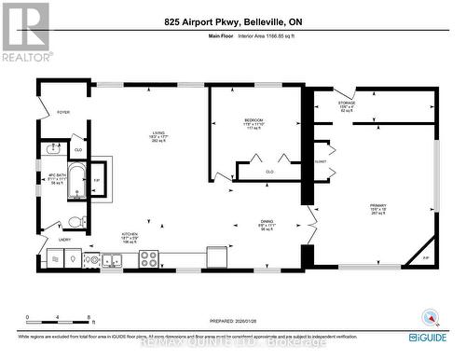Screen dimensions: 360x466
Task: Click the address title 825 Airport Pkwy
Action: tap(232, 21)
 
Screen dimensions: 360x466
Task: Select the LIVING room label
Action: tap(159, 132)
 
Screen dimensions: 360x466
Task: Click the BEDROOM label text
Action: tap(254, 120)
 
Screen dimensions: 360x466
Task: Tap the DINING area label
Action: tap(266, 223)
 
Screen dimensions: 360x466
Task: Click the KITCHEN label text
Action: tap(130, 235)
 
